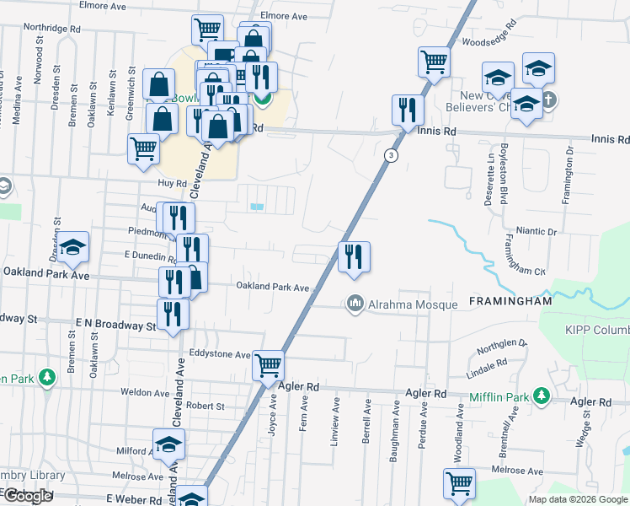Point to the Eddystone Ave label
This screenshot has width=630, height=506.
click(220, 355)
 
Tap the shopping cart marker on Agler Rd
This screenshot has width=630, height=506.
click(269, 367)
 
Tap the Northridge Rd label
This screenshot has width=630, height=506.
click(51, 27)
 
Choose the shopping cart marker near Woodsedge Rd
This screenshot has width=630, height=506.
click(434, 61)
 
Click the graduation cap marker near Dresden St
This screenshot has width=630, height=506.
click(73, 246)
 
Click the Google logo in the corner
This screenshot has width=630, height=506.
click(28, 496)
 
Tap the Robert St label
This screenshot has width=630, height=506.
click(206, 406)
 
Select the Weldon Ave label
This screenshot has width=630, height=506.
click(145, 393)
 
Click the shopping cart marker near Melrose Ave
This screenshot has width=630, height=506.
click(459, 484)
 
